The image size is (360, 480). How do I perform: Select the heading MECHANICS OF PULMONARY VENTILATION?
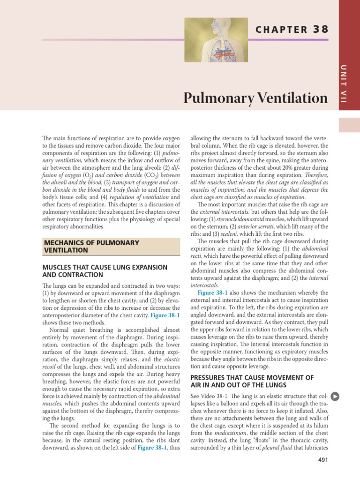91,246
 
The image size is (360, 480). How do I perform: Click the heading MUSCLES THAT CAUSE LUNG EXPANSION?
105,267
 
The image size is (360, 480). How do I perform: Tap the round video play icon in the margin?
335,396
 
